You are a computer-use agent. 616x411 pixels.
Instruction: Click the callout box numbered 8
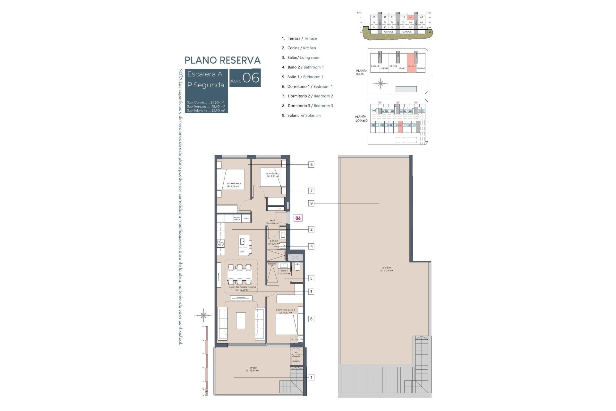311,165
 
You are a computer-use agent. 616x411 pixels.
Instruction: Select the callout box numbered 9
311,203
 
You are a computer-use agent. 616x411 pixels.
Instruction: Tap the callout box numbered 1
311,377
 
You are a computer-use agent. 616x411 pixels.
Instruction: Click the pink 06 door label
298,218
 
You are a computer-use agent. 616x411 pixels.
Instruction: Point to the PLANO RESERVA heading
222,60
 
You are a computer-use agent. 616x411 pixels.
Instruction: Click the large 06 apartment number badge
251,78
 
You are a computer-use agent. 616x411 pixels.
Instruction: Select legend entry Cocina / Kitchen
299,48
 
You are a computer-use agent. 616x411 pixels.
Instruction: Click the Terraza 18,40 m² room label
252,369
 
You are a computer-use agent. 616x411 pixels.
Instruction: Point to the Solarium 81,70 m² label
386,269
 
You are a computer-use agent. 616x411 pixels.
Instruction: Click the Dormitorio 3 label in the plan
234,185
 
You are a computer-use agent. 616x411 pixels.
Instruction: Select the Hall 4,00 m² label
272,222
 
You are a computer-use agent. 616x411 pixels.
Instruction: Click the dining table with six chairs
239,275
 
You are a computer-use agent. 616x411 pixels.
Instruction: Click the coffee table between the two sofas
241,320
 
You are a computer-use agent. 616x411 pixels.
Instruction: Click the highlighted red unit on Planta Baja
411,63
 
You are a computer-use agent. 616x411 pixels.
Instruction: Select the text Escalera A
205,74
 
